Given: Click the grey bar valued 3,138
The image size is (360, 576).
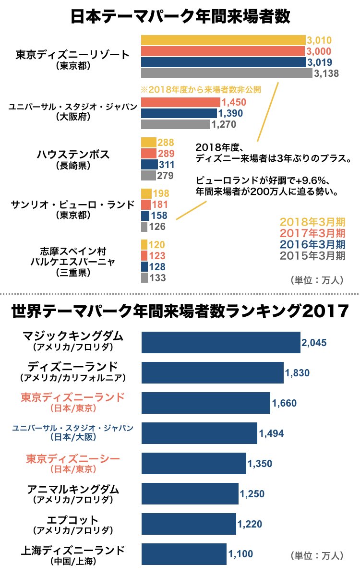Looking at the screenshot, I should pyautogui.click(x=226, y=73).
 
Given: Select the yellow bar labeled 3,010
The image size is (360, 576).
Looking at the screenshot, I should pyautogui.click(x=223, y=40).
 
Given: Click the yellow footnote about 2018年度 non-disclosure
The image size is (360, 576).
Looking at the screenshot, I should pyautogui.click(x=201, y=89).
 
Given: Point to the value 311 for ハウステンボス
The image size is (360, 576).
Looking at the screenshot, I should pyautogui.click(x=166, y=165).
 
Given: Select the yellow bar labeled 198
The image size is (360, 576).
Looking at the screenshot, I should pyautogui.click(x=146, y=193).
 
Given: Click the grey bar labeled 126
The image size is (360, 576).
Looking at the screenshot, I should pyautogui.click(x=144, y=227).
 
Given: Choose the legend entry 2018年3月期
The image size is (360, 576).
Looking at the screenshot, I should pyautogui.click(x=312, y=222).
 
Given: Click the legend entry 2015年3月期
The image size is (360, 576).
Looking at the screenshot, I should pyautogui.click(x=312, y=255).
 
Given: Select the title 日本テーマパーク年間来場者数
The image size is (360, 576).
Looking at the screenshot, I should pyautogui.click(x=180, y=17).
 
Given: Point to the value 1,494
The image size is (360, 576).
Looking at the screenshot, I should pyautogui.click(x=271, y=433).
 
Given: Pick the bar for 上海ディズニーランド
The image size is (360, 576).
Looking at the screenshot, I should pyautogui.click(x=184, y=554).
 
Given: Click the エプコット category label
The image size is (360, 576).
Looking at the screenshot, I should pyautogui.click(x=73, y=520).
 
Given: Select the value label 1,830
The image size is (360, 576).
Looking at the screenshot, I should pyautogui.click(x=297, y=373).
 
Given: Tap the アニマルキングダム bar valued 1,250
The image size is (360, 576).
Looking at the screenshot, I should pyautogui.click(x=190, y=493).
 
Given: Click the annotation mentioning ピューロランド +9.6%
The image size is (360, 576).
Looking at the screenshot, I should pyautogui.click(x=268, y=186).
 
